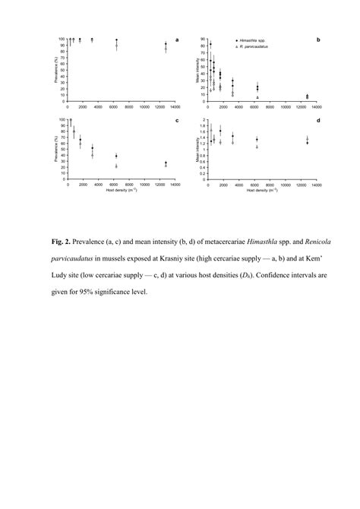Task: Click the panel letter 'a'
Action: coord(177,39)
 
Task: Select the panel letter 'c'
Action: coord(177,120)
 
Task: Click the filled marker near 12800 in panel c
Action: coord(166,163)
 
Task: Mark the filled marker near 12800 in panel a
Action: coord(166,45)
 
